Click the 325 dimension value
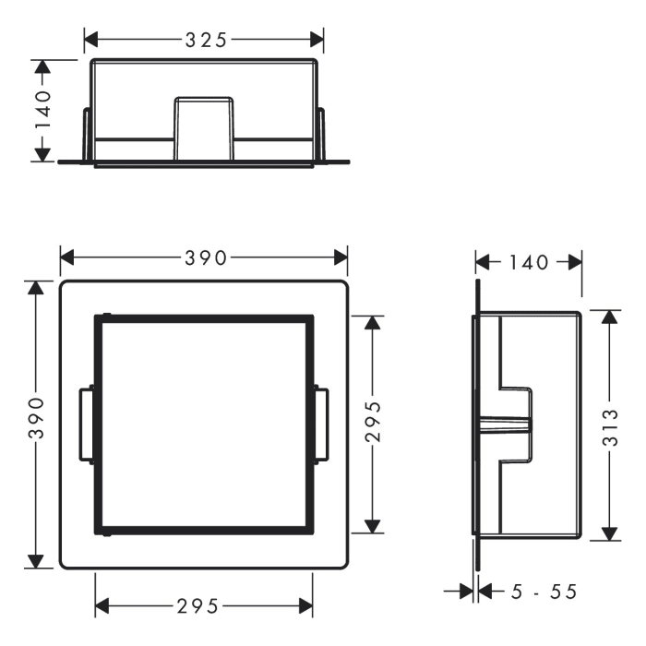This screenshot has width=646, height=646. point(204,40)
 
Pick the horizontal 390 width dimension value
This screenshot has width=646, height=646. point(204,259)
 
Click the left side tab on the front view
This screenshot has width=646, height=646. point(86,425)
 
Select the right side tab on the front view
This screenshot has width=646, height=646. point(321,425)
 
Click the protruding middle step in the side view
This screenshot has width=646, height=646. point(518,425)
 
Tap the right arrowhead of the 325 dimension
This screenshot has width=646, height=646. point(317,40)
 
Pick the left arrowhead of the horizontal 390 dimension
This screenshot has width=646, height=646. point(66,259)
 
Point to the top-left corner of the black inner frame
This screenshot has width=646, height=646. point(97,317)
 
